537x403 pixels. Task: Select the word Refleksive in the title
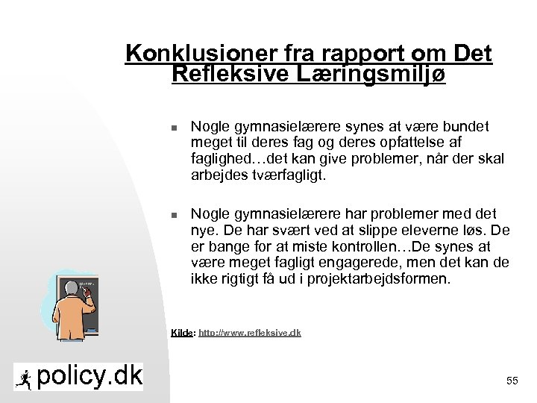[222, 74]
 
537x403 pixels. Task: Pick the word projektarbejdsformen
[386, 279]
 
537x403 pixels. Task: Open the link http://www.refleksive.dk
[250, 333]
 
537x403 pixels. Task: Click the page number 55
[512, 381]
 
